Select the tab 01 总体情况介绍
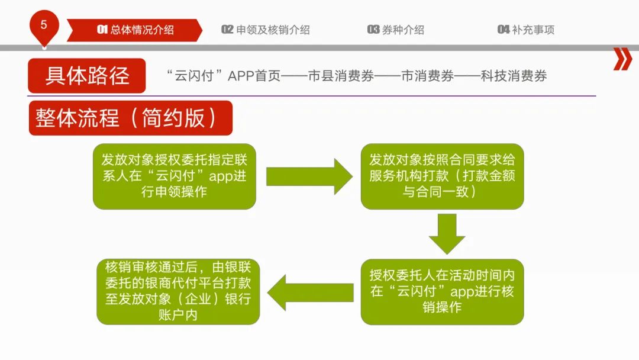(x=134, y=30)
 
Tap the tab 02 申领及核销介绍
(x=266, y=30)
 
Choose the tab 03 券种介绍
(x=396, y=30)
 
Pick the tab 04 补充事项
(x=526, y=30)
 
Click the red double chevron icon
(x=622, y=59)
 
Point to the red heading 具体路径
(x=87, y=76)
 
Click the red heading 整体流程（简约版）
(x=130, y=118)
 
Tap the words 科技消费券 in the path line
(x=514, y=76)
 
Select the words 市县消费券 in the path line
(x=341, y=76)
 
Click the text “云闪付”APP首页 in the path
(x=224, y=76)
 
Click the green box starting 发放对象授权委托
(x=175, y=176)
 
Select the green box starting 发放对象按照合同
(x=442, y=176)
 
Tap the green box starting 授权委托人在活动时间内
(x=442, y=291)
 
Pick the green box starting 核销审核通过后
(x=178, y=291)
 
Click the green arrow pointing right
(x=309, y=176)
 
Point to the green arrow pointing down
(x=447, y=234)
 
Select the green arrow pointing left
(x=311, y=292)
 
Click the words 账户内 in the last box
(x=178, y=315)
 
